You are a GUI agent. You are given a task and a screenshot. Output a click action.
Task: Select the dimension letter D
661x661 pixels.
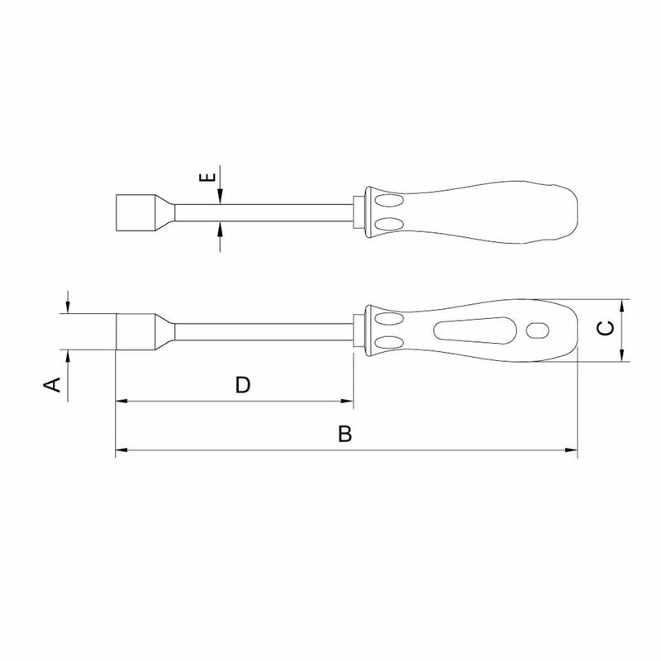[242, 384]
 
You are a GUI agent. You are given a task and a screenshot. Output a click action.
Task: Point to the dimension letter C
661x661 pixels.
[605, 329]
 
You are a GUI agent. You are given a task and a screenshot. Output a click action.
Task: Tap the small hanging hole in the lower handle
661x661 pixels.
[537, 330]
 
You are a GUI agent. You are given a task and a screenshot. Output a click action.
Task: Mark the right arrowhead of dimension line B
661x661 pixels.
[570, 450]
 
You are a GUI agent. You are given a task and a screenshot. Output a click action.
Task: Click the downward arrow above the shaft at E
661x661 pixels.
[220, 195]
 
